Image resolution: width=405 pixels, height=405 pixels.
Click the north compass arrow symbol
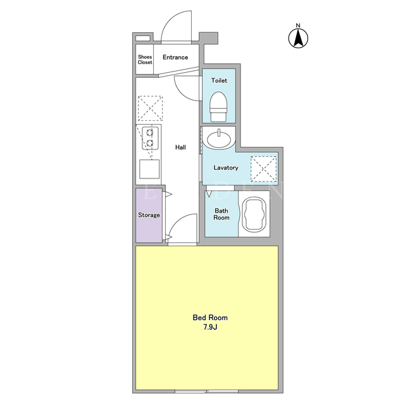298,38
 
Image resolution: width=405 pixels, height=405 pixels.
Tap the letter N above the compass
298,25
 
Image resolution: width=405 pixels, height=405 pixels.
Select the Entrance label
175,58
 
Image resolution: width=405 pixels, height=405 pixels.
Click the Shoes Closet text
145,59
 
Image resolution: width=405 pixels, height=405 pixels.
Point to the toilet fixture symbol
218,107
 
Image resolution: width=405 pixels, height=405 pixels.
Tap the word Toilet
219,80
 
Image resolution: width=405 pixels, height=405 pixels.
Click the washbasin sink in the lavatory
218,139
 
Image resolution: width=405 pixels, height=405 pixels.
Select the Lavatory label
226,168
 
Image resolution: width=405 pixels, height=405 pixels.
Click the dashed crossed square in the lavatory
263,169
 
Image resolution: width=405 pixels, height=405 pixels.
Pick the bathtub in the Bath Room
254,214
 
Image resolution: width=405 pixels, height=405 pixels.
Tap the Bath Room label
221,214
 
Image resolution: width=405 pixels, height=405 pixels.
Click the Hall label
180,147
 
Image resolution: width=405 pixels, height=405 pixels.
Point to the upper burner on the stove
149,133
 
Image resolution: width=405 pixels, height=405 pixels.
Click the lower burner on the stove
149,143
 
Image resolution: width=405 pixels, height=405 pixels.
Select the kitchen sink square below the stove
149,169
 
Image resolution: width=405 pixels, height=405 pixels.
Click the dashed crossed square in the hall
150,108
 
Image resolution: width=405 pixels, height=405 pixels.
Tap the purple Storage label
149,215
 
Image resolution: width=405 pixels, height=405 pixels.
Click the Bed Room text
210,318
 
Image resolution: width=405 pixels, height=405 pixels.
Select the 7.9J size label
210,327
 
